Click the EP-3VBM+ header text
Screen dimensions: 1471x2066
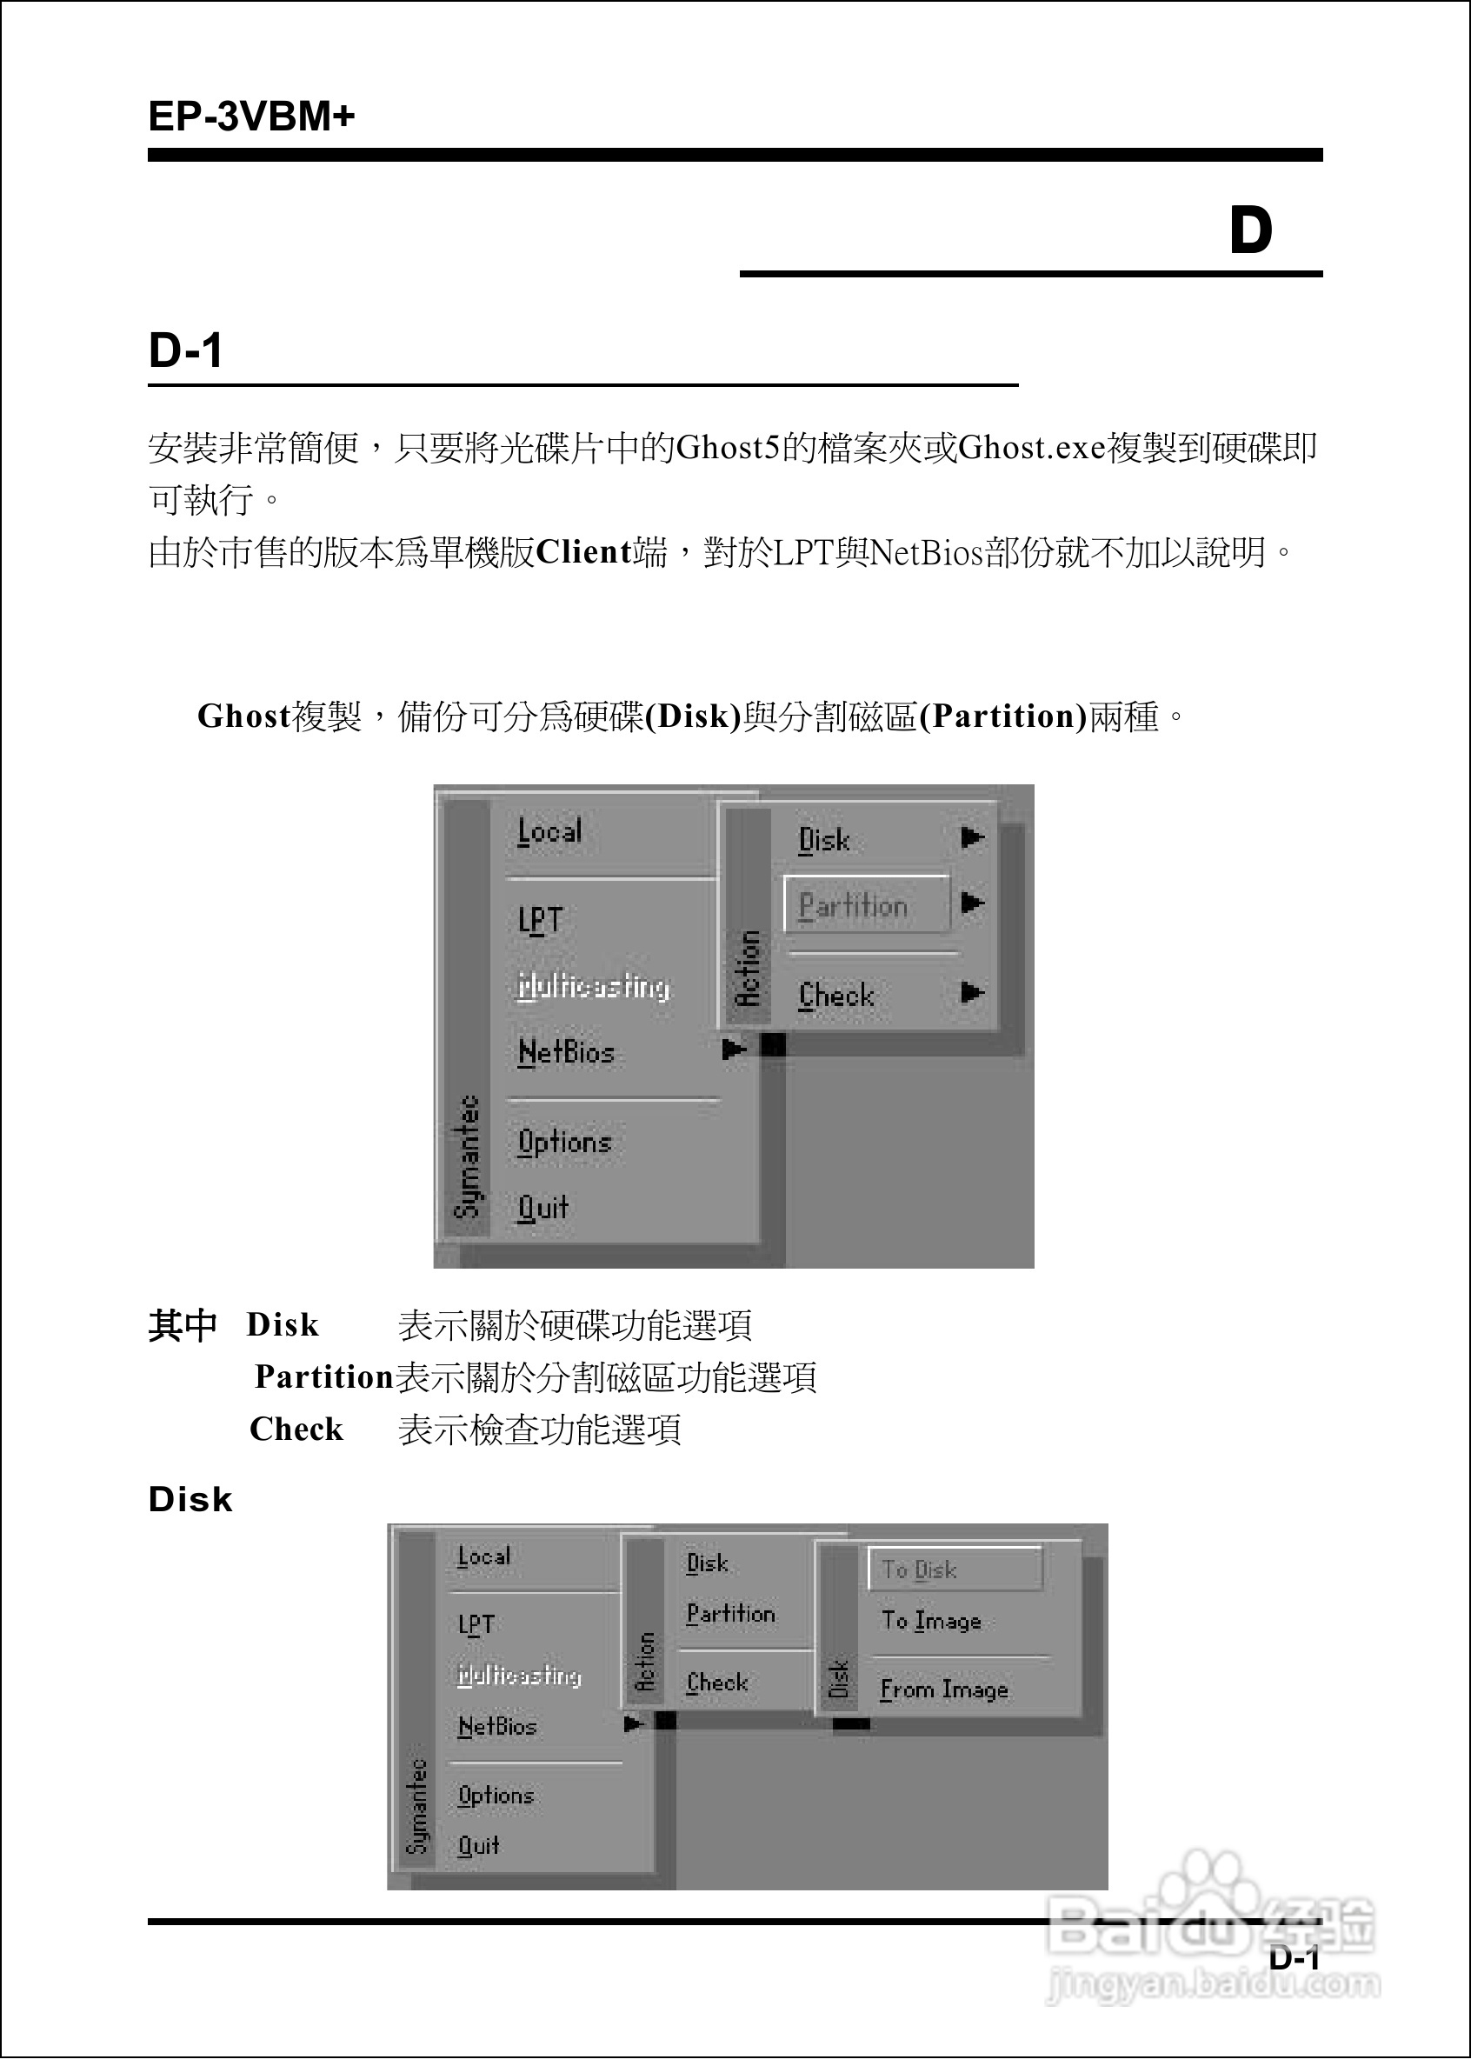tap(251, 117)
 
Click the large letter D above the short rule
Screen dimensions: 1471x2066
tap(1250, 230)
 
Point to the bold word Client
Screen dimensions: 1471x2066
tap(583, 552)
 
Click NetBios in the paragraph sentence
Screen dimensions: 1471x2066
tap(926, 552)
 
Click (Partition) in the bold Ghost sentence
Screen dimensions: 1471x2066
tap(1002, 716)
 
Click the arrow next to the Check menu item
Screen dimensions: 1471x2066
tap(972, 993)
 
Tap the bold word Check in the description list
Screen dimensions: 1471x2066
tap(296, 1430)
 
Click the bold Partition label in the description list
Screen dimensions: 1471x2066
tap(323, 1376)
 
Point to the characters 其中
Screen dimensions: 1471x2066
tap(182, 1325)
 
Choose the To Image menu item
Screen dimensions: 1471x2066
tap(931, 1621)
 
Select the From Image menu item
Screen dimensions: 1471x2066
tap(944, 1689)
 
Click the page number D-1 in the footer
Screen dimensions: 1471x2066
tap(1294, 1957)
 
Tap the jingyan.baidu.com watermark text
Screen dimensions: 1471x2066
tap(1213, 1985)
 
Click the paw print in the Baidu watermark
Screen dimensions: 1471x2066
tap(1209, 1880)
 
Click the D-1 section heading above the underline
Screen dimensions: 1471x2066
tap(186, 350)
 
